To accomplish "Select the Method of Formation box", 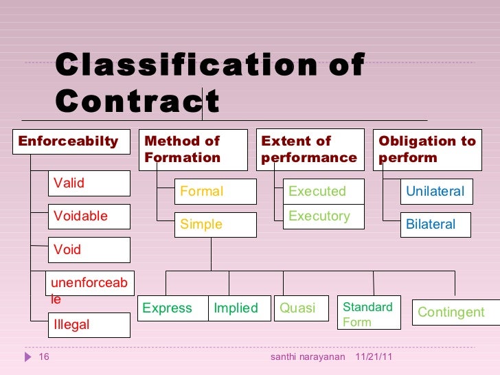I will tap(193, 149).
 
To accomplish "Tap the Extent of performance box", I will tap(310, 149).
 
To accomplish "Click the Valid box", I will tap(89, 183).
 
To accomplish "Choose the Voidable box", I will tap(89, 216).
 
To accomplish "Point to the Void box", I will tap(89, 250).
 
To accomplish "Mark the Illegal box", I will tap(89, 325).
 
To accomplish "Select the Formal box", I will tap(215, 192).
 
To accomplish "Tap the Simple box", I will tap(215, 225).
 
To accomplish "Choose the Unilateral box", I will tap(436, 192).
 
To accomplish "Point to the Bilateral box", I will tap(436, 225).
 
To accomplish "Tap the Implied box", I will tap(236, 308).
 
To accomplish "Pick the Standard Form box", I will tap(369, 314).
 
